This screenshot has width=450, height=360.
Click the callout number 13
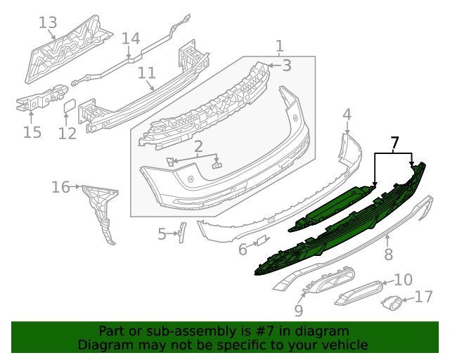[47, 23]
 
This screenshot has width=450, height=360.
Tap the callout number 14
[131, 39]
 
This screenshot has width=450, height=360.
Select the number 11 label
[146, 73]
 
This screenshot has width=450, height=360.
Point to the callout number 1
[279, 46]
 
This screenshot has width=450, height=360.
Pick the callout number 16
[60, 187]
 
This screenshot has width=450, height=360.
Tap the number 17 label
[424, 297]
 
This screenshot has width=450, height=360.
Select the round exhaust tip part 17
[391, 303]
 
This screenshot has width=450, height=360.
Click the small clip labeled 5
[181, 231]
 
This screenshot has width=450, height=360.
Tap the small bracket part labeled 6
[261, 240]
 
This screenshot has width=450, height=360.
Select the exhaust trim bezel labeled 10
[358, 290]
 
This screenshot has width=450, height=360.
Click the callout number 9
[299, 309]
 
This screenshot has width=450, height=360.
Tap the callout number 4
[347, 115]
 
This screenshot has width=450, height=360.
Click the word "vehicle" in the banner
[344, 345]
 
